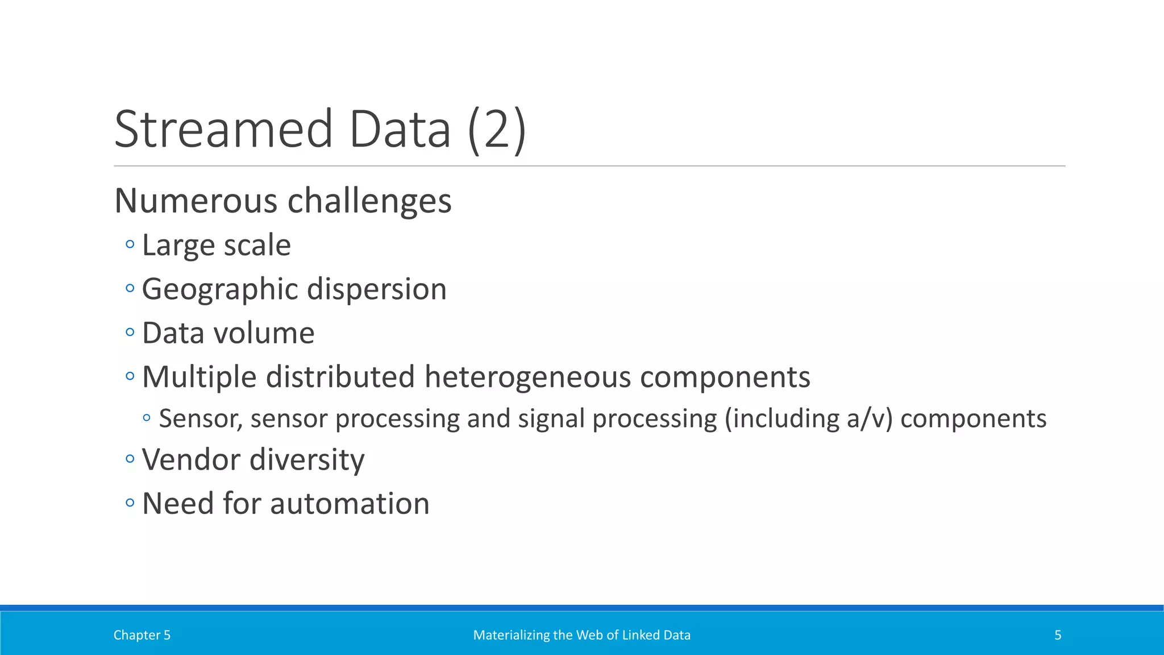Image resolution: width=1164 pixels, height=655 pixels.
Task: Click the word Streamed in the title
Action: tap(223, 130)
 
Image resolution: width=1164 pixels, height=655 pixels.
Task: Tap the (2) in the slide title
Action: tap(497, 130)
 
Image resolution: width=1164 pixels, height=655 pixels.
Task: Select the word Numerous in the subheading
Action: tap(196, 201)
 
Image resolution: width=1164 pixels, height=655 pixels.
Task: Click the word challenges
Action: tap(369, 201)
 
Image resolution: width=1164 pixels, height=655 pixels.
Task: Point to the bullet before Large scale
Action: tap(130, 244)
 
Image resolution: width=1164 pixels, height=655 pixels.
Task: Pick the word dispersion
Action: tap(377, 289)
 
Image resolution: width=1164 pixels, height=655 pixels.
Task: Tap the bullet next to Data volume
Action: tap(130, 332)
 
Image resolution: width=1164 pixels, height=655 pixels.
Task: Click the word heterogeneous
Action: tap(527, 376)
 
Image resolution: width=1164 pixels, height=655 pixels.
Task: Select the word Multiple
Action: tap(199, 376)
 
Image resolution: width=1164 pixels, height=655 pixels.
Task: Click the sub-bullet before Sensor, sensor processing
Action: tap(147, 418)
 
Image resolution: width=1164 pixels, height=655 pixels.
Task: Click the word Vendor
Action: tap(190, 459)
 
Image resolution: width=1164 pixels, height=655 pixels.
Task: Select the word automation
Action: tap(350, 503)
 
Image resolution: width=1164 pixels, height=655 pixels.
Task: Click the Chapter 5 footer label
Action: tap(142, 635)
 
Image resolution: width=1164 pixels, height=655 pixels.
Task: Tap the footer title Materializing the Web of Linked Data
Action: tap(581, 635)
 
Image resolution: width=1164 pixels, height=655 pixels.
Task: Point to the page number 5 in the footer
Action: tap(1058, 635)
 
